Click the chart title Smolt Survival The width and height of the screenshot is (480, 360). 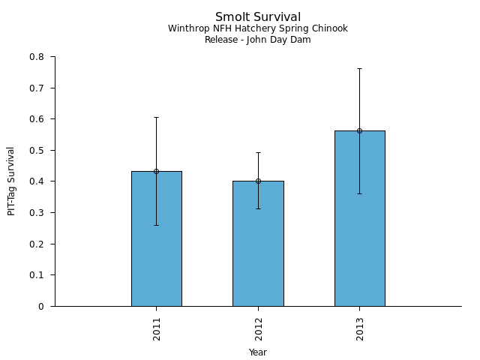click(258, 17)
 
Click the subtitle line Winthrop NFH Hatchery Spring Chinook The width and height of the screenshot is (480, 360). click(258, 29)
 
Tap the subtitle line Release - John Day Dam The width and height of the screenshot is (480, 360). click(258, 40)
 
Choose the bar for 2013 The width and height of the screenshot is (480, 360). click(359, 225)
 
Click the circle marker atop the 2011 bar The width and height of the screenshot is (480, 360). click(156, 171)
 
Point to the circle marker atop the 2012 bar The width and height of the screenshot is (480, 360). click(258, 181)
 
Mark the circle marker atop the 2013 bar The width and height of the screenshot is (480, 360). click(359, 130)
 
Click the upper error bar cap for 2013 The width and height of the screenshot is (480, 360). click(359, 68)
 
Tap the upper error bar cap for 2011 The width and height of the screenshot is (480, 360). click(156, 117)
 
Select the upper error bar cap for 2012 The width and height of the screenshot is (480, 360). click(258, 152)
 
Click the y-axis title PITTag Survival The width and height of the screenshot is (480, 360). click(11, 181)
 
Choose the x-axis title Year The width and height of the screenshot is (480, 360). click(258, 352)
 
